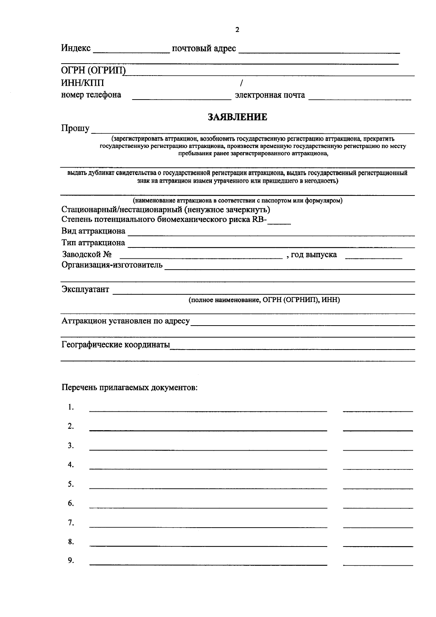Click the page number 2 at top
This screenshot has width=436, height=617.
point(237,30)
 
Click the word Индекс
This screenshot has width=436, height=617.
point(76,48)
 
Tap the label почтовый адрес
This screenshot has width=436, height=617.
point(204,49)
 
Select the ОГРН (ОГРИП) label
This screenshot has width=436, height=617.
point(93,71)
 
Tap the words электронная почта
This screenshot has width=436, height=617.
point(270,96)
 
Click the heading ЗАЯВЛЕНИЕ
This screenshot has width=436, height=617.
point(237,117)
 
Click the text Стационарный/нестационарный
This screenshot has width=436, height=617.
point(121,210)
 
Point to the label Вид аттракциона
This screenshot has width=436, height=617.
point(93,231)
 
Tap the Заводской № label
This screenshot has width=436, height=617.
point(86,254)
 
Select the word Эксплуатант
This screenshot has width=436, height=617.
point(85,290)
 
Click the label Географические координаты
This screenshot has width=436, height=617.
point(116,344)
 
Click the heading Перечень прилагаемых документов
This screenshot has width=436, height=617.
point(129,387)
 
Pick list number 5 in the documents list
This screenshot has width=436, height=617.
point(70,484)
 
